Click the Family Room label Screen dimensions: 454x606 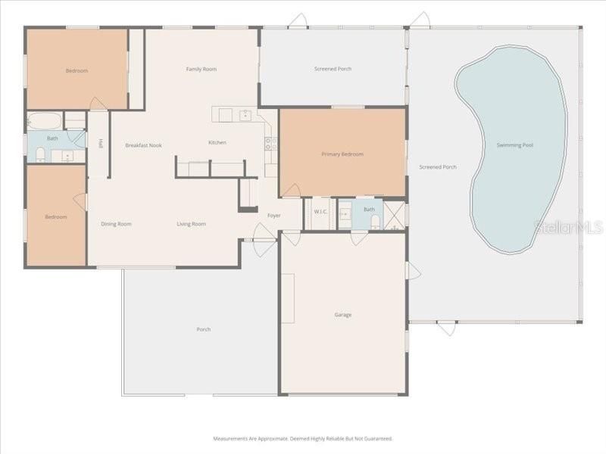click(x=201, y=70)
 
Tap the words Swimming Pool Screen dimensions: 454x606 click(x=515, y=145)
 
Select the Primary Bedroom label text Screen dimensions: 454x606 click(x=342, y=154)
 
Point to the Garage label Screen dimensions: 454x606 click(x=343, y=315)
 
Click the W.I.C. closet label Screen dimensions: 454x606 click(x=320, y=212)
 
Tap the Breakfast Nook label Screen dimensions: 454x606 click(x=143, y=145)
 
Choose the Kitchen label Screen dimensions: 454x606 click(x=217, y=143)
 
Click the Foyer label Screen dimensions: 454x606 click(x=274, y=216)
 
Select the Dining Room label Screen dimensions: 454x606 click(x=117, y=224)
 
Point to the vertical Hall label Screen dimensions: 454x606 click(x=100, y=143)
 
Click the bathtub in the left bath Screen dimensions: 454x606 click(x=45, y=121)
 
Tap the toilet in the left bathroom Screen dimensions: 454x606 click(x=41, y=154)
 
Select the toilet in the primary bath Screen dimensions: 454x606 click(x=375, y=220)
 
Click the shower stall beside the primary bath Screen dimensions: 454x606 click(x=394, y=215)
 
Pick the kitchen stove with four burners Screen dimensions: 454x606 click(x=270, y=141)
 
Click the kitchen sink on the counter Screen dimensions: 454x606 click(x=245, y=115)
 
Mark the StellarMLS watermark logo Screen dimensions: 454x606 click(x=568, y=226)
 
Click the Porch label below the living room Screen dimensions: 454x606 click(x=203, y=330)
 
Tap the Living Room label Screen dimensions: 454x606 click(x=192, y=224)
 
